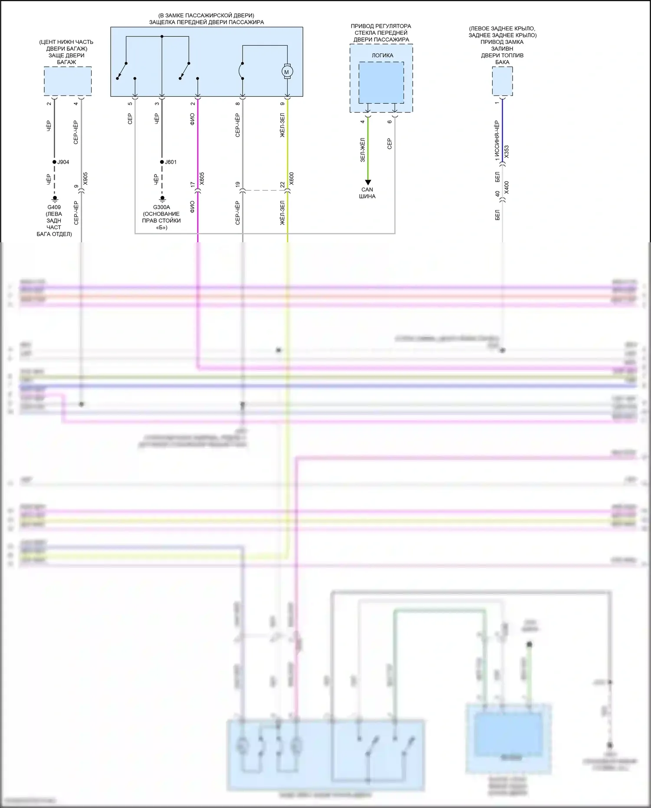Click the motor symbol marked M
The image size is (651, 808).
pyautogui.click(x=286, y=72)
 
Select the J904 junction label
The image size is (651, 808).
pyautogui.click(x=63, y=162)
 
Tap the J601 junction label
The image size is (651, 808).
pyautogui.click(x=171, y=162)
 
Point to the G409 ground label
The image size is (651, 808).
pyautogui.click(x=54, y=207)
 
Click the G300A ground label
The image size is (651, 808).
pyautogui.click(x=161, y=207)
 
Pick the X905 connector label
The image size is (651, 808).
pyautogui.click(x=85, y=178)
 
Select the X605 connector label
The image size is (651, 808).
pyautogui.click(x=202, y=178)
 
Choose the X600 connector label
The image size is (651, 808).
pyautogui.click(x=292, y=178)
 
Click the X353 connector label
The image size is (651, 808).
pyautogui.click(x=506, y=152)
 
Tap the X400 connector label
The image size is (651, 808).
pyautogui.click(x=506, y=188)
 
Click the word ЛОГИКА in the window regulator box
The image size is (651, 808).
pyautogui.click(x=382, y=56)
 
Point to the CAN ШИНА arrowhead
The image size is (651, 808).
pyautogui.click(x=368, y=182)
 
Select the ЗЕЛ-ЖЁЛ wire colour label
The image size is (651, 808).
pyautogui.click(x=363, y=150)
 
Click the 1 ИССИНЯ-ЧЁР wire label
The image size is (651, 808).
pyautogui.click(x=497, y=141)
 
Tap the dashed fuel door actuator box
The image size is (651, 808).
pyautogui.click(x=502, y=81)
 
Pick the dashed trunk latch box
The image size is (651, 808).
pyautogui.click(x=68, y=81)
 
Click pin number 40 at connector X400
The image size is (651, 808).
pyautogui.click(x=497, y=193)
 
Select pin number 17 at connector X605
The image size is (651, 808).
pyautogui.click(x=193, y=185)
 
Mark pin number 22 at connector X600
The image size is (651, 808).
pyautogui.click(x=282, y=185)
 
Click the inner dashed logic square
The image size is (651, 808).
pyautogui.click(x=381, y=82)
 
